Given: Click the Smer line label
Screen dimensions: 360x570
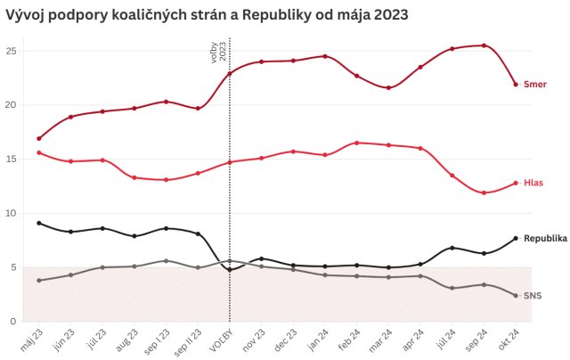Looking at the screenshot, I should [x=534, y=85].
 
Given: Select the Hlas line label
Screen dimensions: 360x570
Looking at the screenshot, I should [x=533, y=183].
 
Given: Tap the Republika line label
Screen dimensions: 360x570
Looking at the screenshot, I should [x=545, y=239].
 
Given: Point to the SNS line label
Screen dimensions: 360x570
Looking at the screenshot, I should [x=533, y=296].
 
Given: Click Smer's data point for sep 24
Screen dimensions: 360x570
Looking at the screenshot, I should [x=484, y=45].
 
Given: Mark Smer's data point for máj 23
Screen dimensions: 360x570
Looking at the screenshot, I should [x=39, y=138].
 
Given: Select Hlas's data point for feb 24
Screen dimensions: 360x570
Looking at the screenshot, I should [x=356, y=143].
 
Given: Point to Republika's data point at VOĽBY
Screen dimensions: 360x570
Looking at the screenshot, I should [x=230, y=269].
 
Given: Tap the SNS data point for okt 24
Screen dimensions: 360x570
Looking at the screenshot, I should [x=515, y=296].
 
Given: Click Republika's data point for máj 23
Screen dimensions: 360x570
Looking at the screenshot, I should [x=39, y=223].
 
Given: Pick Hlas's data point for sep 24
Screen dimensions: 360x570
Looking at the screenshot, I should [x=484, y=192].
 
